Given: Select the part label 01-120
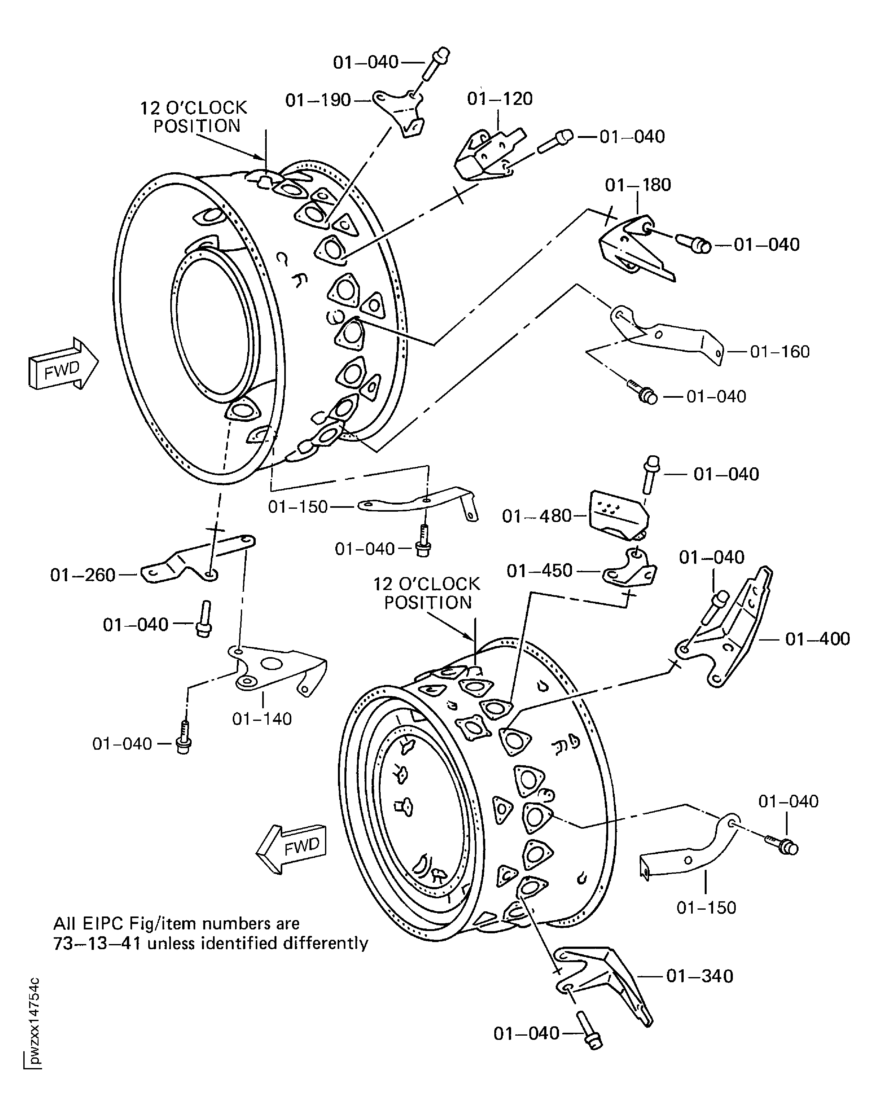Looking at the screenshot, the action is click(x=499, y=99).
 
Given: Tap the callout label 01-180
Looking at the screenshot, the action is click(x=638, y=185).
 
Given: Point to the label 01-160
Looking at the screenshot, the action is click(x=780, y=352).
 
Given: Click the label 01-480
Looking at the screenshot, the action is click(x=537, y=515).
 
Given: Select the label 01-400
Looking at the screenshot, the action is click(x=818, y=639).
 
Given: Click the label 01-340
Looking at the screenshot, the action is click(x=700, y=976).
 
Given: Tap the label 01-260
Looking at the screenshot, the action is click(x=83, y=575).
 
